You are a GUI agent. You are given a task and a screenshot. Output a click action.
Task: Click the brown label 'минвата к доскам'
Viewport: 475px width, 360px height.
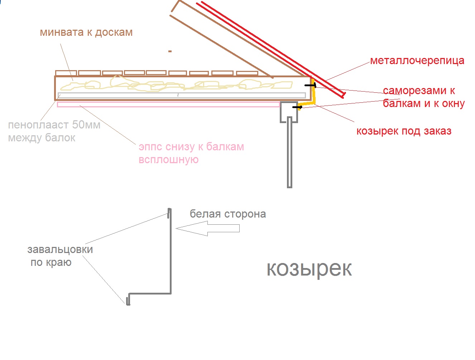(x=86, y=33)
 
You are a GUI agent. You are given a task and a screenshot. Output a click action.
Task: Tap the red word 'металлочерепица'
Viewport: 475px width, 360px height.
(x=417, y=60)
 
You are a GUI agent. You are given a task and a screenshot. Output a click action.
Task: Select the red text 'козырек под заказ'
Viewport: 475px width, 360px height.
(x=404, y=131)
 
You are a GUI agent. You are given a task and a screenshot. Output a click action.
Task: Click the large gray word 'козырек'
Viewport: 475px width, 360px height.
(x=309, y=269)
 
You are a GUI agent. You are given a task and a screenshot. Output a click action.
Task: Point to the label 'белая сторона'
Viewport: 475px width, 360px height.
(x=228, y=214)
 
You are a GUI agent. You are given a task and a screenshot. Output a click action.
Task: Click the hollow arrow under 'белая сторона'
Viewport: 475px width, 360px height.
(x=207, y=228)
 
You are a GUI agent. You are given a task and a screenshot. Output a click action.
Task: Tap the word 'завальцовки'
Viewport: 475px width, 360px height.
(x=60, y=249)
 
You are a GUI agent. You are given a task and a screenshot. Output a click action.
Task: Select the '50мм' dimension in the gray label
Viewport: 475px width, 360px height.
(x=86, y=125)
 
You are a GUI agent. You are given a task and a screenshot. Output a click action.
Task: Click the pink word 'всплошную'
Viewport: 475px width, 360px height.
(x=168, y=160)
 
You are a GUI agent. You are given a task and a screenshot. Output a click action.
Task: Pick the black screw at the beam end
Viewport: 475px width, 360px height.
(x=310, y=86)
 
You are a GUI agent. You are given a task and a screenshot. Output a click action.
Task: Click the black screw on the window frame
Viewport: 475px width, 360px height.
(x=297, y=107)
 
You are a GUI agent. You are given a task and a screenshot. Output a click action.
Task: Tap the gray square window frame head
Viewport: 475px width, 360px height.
(x=289, y=112)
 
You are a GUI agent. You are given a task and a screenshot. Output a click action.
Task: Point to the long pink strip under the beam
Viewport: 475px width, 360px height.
(x=168, y=104)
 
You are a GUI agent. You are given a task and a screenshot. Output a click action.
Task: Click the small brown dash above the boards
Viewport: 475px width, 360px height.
(x=170, y=51)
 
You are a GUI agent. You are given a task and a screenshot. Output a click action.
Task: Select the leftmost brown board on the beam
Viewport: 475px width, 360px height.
(x=66, y=73)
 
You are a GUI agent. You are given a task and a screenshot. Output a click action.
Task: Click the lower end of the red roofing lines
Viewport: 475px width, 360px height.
(x=344, y=95)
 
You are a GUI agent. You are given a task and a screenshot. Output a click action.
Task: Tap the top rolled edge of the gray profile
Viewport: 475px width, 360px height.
(x=169, y=213)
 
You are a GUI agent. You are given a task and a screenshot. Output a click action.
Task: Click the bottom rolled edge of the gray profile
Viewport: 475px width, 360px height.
(x=128, y=300)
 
